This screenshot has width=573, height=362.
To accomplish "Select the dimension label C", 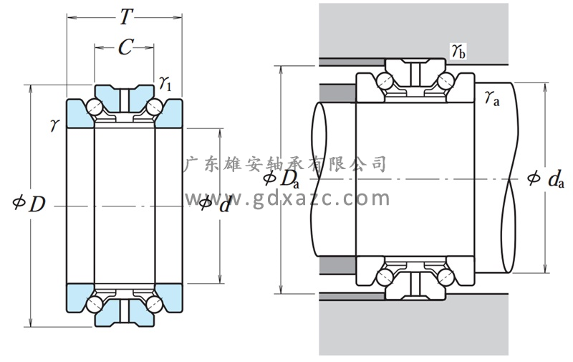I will pyautogui.click(x=124, y=48).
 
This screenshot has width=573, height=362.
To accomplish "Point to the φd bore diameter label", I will pyautogui.click(x=215, y=204).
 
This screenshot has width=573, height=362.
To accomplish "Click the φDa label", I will pyautogui.click(x=281, y=178).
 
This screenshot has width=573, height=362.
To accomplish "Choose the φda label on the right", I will pyautogui.click(x=542, y=178).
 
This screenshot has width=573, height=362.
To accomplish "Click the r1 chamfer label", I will pyautogui.click(x=165, y=85).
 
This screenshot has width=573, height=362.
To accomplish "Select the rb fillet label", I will pyautogui.click(x=458, y=51).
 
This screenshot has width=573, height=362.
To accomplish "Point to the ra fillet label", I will pyautogui.click(x=491, y=98).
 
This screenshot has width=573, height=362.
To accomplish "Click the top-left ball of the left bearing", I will pyautogui.click(x=94, y=109).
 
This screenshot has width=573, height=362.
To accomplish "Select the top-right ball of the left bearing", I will pyautogui.click(x=153, y=109).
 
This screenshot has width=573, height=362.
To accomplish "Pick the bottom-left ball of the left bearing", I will pyautogui.click(x=94, y=303).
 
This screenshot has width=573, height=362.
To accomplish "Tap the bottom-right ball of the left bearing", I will pyautogui.click(x=153, y=303).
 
